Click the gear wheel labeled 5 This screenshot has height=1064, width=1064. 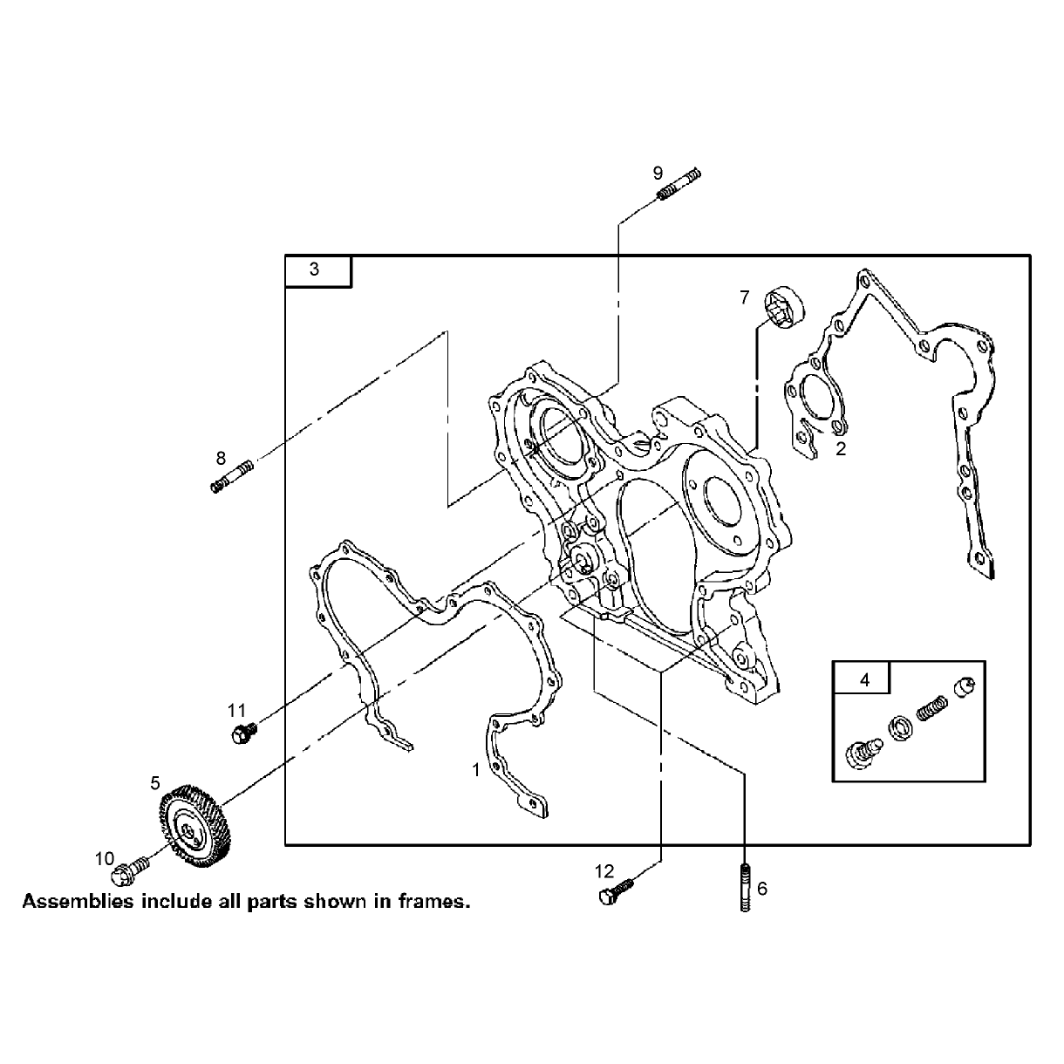[194, 826]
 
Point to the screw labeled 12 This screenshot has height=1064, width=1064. [615, 893]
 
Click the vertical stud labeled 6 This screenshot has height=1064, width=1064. [745, 888]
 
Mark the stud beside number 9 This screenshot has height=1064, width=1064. [679, 184]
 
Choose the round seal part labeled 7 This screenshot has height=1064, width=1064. [785, 308]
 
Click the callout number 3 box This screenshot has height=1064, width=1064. [318, 271]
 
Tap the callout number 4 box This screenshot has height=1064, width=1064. [862, 678]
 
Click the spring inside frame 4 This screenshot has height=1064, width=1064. [932, 709]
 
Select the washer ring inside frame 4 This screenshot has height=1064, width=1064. [901, 728]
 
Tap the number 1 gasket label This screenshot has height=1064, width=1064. [476, 770]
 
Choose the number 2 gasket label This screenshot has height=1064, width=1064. [841, 449]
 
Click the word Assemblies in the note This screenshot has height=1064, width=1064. [78, 902]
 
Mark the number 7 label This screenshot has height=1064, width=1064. [744, 297]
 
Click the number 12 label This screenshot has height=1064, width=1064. [604, 871]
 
